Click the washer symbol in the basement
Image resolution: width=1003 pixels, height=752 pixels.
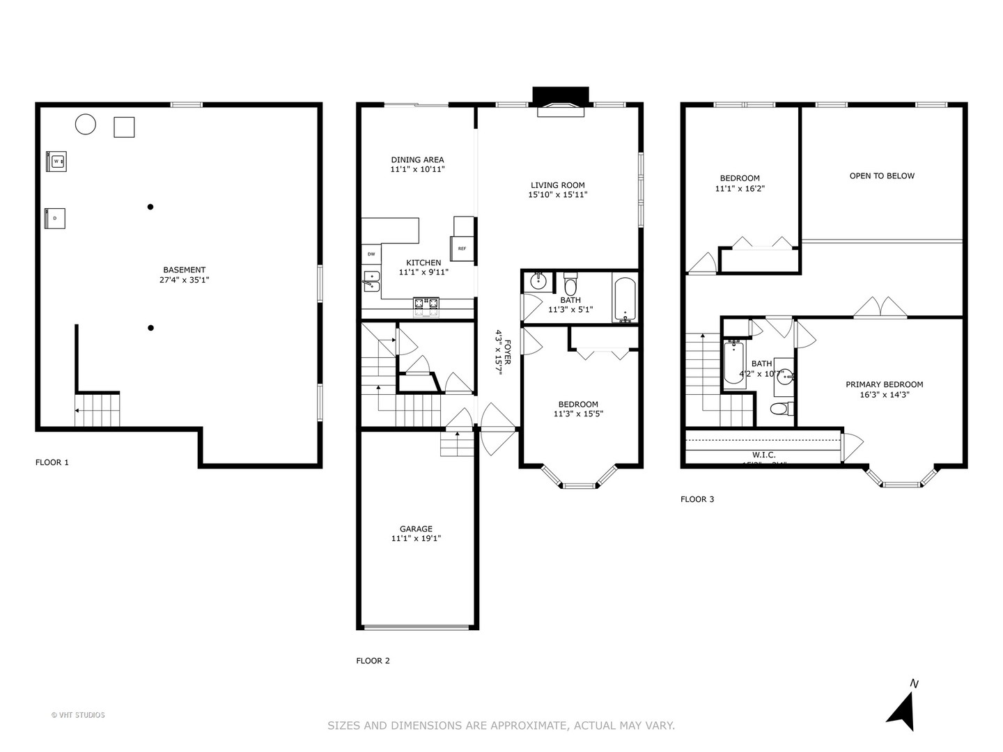click(x=56, y=161)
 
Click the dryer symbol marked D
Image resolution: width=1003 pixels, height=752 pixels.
click(x=56, y=218)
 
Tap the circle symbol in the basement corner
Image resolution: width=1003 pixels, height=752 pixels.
click(x=85, y=124)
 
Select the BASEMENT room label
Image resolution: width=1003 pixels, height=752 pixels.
click(x=184, y=270)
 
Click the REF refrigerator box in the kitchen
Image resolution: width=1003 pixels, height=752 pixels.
click(x=462, y=249)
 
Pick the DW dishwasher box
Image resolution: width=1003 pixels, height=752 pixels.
click(x=371, y=254)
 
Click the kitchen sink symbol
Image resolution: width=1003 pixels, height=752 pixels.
click(x=371, y=281)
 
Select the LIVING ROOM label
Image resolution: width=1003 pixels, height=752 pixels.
click(x=557, y=185)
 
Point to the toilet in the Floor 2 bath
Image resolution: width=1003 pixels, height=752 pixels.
click(x=570, y=285)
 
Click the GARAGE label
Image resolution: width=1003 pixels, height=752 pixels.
click(x=416, y=529)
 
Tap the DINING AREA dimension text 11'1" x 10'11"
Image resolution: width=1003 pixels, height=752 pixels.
click(x=417, y=169)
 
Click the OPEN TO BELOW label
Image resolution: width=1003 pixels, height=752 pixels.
click(x=882, y=176)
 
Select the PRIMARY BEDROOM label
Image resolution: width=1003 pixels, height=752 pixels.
click(x=884, y=384)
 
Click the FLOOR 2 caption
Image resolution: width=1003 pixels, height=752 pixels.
click(x=373, y=661)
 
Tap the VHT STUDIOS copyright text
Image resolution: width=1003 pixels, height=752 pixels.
click(x=78, y=715)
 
